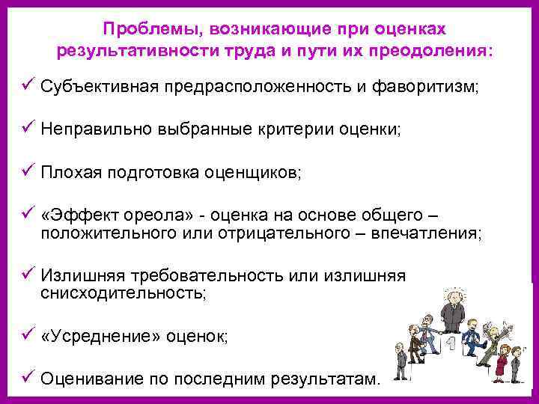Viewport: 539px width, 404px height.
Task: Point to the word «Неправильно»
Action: (x=94, y=129)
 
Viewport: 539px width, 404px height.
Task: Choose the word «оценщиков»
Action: (x=254, y=174)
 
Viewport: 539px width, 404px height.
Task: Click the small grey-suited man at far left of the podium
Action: (x=412, y=340)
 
